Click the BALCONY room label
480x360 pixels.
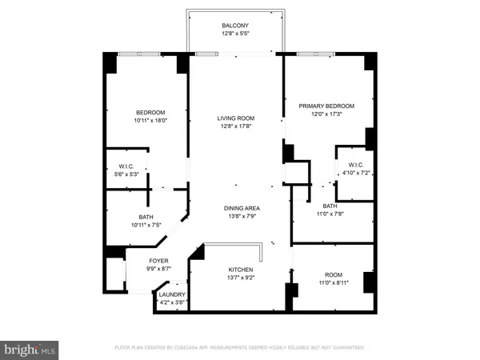point(235,26)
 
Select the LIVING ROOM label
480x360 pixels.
point(235,118)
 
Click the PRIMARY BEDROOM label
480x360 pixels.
point(326,106)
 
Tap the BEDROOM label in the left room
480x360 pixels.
point(150,112)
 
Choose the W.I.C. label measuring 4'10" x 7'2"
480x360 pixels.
point(356,164)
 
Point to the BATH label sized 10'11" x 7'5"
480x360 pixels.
point(146,217)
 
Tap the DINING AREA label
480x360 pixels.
point(241,208)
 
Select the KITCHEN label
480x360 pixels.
point(241,270)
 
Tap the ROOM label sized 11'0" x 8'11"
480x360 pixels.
point(332,274)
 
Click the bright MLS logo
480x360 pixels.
point(30,350)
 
